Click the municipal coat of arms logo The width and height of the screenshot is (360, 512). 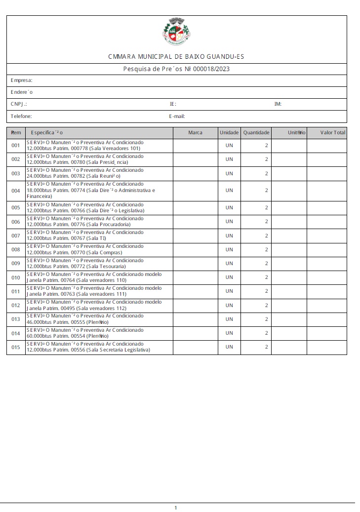(176, 32)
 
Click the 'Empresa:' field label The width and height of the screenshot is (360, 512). (22, 80)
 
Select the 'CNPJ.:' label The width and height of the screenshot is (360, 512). (19, 104)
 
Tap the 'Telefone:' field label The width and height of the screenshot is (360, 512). (21, 117)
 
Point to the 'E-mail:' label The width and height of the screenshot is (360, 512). (176, 117)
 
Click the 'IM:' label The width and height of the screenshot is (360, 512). (278, 104)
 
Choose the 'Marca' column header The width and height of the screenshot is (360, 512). (195, 132)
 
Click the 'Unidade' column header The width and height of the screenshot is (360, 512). (229, 132)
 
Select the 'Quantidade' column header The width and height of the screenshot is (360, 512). (256, 132)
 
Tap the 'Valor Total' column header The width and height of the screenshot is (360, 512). (332, 132)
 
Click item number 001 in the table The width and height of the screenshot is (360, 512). (16, 146)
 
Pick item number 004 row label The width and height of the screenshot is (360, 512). (16, 191)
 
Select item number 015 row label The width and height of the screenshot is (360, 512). (16, 347)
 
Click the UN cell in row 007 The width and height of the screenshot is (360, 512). (229, 236)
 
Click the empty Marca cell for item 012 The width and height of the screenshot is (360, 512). (195, 305)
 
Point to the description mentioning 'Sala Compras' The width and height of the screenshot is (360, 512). (85, 249)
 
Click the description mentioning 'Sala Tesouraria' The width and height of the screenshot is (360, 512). (85, 263)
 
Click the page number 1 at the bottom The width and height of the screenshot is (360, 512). (176, 508)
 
